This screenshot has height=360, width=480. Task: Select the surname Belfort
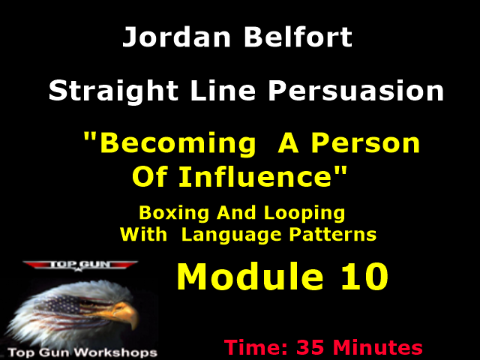click(x=295, y=37)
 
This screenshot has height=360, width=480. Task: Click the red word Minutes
click(x=379, y=348)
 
